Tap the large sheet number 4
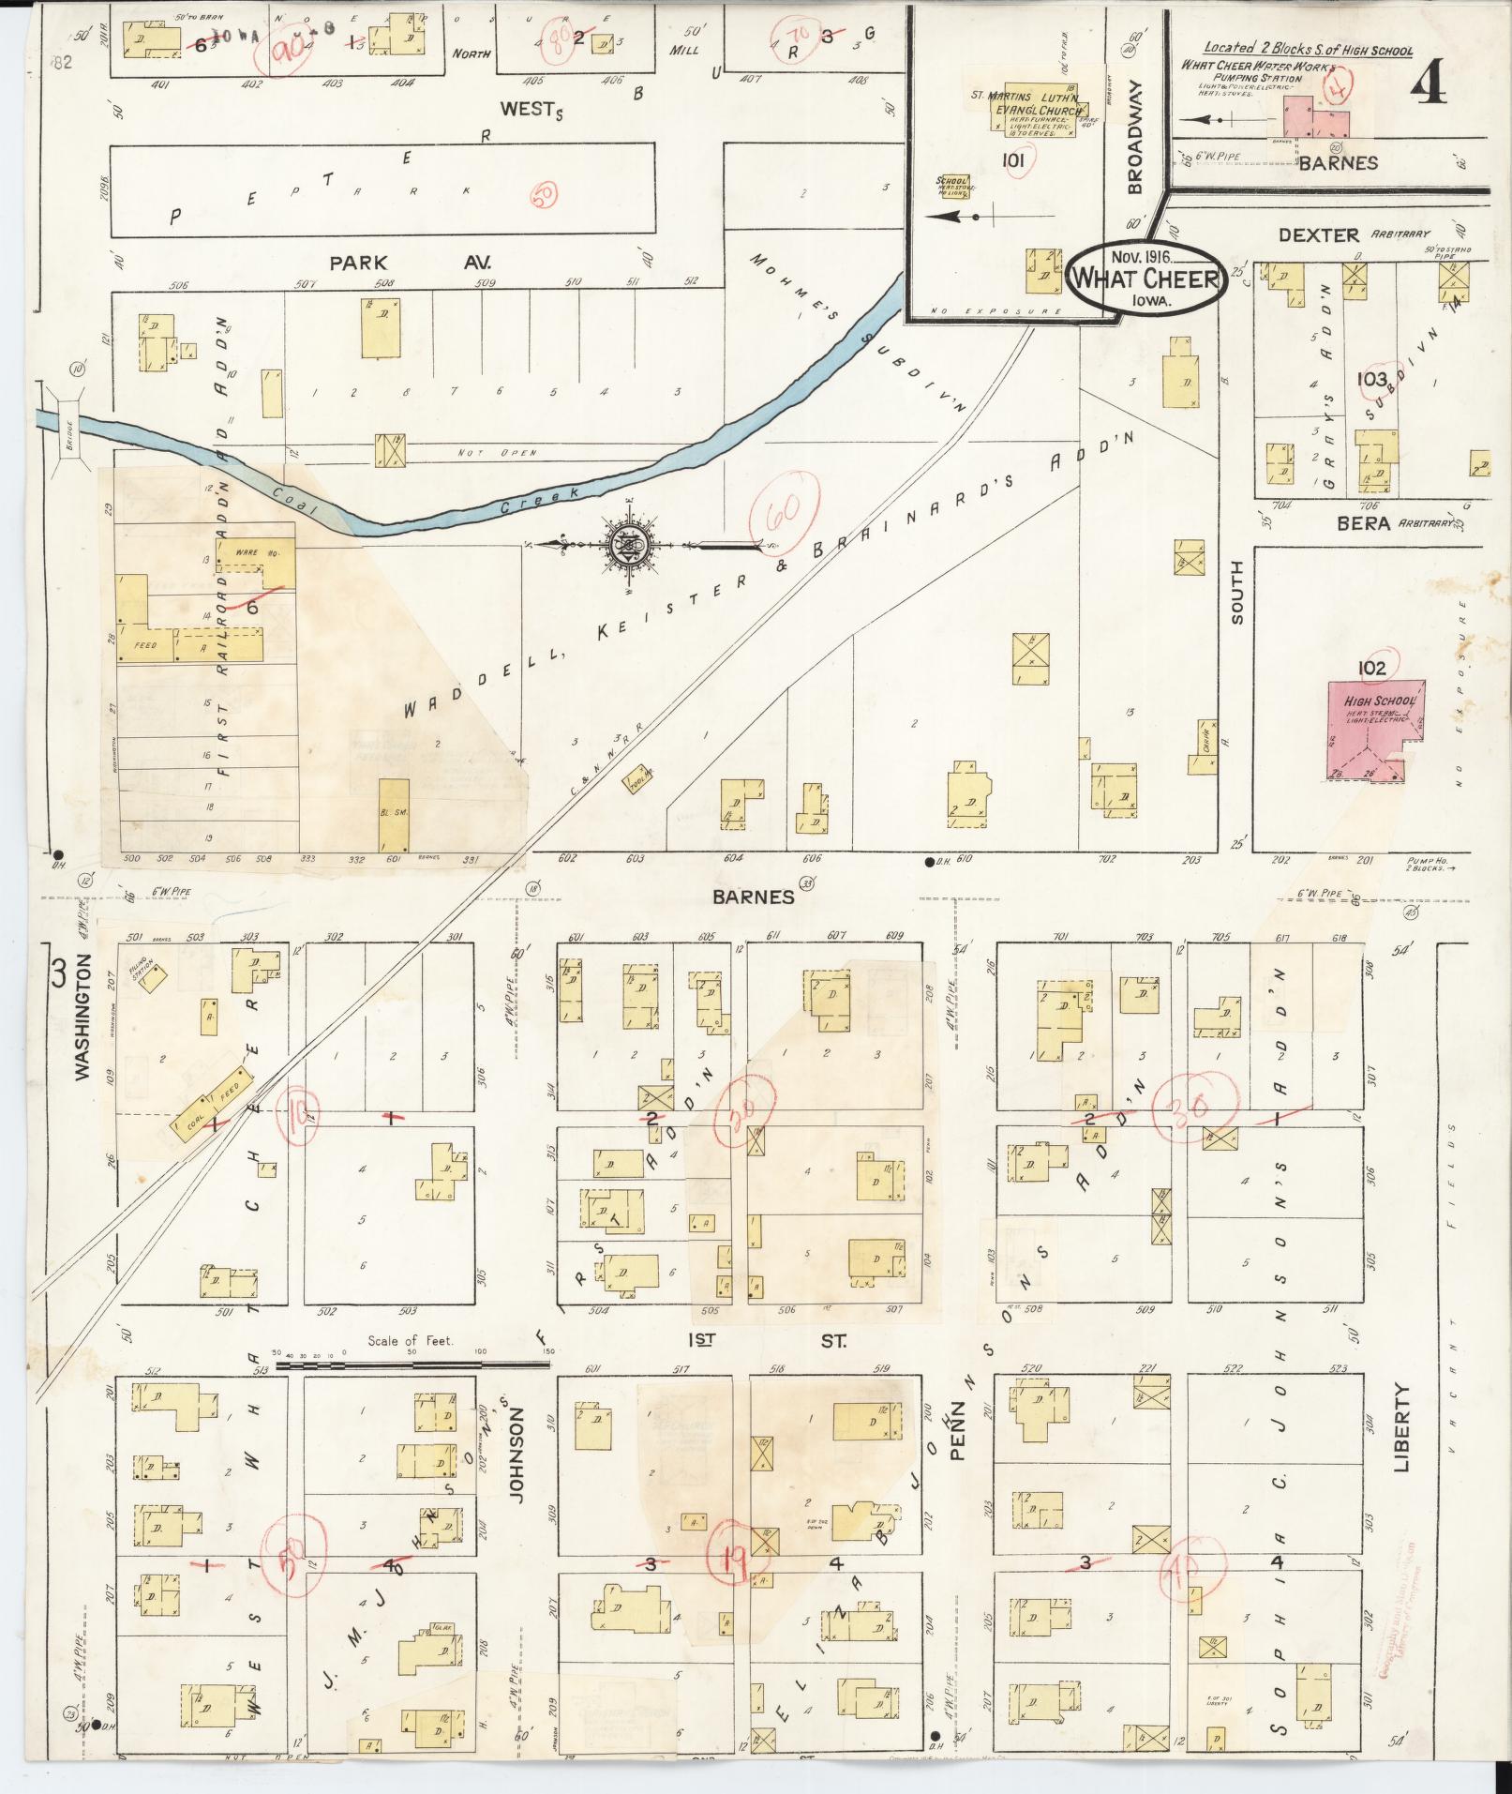point(1428,86)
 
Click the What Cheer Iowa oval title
point(1146,278)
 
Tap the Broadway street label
point(1136,136)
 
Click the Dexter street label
point(1319,235)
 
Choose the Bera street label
point(1363,524)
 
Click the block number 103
point(1370,379)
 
